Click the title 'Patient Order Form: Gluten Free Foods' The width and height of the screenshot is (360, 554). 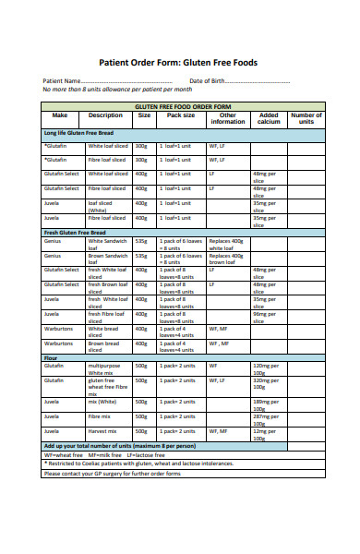pos(178,63)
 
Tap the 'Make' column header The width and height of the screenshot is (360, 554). pos(61,115)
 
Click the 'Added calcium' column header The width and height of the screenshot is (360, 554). pos(268,118)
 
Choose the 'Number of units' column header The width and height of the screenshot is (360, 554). pos(306,118)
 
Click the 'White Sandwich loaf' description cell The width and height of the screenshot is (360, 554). pos(107,244)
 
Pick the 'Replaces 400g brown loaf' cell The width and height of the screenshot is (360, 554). pos(226,259)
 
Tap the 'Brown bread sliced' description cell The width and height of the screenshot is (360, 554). pos(103,346)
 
